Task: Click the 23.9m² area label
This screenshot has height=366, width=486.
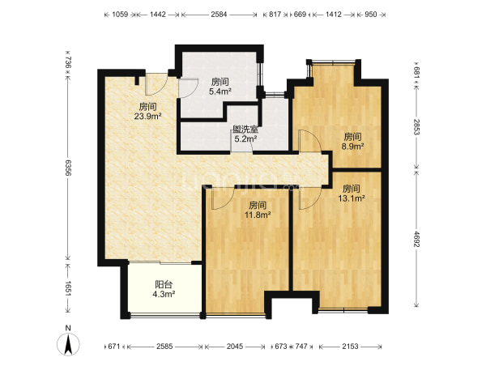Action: click(147, 117)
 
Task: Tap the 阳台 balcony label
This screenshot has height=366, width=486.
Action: click(164, 284)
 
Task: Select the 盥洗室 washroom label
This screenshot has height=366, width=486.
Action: click(245, 130)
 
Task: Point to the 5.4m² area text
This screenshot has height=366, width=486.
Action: click(220, 91)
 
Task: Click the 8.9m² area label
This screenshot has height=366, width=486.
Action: click(352, 147)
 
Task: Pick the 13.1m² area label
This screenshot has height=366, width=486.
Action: click(352, 198)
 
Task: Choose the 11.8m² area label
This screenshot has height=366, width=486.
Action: click(258, 215)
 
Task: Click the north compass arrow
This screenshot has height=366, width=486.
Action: click(68, 344)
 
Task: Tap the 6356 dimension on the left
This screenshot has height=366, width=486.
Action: click(68, 168)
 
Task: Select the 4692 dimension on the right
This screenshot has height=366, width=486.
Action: click(416, 239)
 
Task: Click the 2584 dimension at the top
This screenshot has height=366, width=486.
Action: click(220, 15)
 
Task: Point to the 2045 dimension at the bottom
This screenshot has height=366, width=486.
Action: click(235, 347)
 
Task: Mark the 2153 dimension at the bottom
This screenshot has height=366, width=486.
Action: click(350, 347)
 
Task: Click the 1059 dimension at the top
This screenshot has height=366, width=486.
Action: click(120, 15)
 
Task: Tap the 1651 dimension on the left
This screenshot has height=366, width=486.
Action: click(68, 289)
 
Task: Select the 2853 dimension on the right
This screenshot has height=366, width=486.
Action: click(416, 127)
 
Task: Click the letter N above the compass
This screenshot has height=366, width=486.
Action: click(68, 328)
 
